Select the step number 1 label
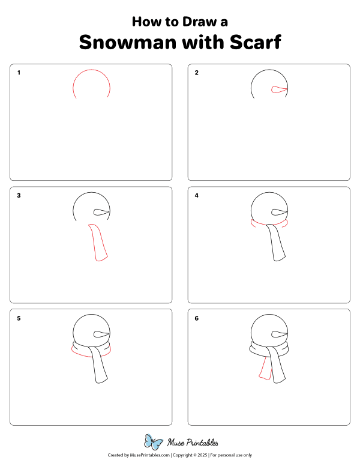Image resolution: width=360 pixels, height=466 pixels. pos(19,73)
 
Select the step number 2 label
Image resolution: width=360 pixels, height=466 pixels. pos(196,73)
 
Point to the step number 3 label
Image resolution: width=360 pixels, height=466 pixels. pos(19,196)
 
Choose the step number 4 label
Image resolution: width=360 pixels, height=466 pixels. pos(196,196)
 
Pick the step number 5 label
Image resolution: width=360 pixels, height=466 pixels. pos(19,318)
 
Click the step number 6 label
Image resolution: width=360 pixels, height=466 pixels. pos(196,318)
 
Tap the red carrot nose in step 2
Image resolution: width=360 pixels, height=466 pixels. pos(279,89)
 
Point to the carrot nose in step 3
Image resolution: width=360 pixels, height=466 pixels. pos(101,212)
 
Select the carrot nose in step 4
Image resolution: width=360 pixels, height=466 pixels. pos(279,212)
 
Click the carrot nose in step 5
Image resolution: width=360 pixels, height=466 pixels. pos(101,334)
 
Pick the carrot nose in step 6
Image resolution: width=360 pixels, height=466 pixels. pos(279,334)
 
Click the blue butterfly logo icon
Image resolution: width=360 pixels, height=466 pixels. pos(153,443)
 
